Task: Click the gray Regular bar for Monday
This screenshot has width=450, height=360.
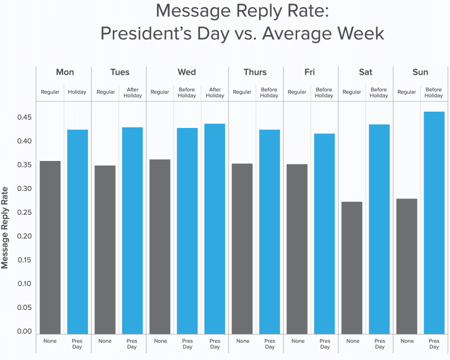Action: point(50,247)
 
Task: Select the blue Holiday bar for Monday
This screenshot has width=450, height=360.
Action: point(77,232)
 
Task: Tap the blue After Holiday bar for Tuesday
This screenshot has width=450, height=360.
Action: point(132,231)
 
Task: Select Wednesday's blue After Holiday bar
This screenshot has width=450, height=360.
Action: point(215,228)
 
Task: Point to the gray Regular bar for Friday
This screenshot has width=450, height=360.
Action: point(297,249)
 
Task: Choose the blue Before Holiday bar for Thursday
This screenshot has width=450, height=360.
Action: point(270,232)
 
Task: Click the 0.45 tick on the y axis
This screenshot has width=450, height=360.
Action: point(24,117)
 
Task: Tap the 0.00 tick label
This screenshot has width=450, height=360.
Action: point(24,331)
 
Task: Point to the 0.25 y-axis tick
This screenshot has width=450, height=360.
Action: point(24,212)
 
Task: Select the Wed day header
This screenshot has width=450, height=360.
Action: point(187,72)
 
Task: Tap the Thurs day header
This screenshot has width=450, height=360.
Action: point(255,72)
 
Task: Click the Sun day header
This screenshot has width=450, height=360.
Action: point(420,72)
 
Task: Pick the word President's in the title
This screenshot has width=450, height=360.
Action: point(145,34)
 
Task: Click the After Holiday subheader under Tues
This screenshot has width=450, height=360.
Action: point(133,92)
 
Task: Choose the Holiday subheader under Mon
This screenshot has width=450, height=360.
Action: point(77,92)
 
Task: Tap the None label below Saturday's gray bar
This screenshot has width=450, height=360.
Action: point(352,341)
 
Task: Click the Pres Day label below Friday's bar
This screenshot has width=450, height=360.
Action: point(325,344)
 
